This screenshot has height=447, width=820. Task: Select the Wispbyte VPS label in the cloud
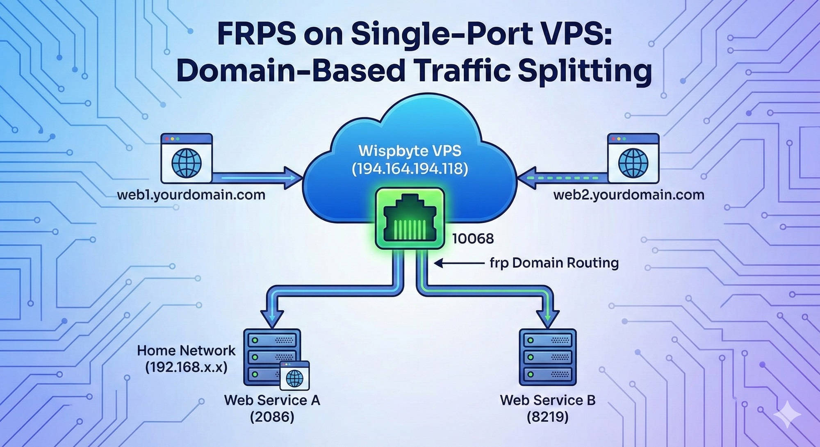pos(410,151)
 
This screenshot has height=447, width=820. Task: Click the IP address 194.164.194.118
pos(410,169)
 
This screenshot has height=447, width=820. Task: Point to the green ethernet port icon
pos(410,218)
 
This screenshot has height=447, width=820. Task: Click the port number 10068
pos(473,238)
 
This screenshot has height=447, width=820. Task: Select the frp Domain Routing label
pos(554,262)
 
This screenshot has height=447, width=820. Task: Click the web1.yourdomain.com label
pos(191,194)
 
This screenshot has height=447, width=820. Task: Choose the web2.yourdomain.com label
pos(629,194)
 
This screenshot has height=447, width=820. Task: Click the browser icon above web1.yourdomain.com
pos(187,158)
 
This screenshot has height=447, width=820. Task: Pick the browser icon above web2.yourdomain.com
pos(633,158)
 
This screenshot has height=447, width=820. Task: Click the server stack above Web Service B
pos(547,357)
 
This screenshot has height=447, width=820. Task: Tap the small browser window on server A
pos(294,376)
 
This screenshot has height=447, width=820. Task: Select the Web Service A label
pos(272,400)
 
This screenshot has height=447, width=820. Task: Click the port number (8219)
pos(547,417)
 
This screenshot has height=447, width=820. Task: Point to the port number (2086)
pos(272,417)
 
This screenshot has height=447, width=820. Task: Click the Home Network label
pos(186,350)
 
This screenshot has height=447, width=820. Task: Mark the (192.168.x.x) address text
pos(186,367)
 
